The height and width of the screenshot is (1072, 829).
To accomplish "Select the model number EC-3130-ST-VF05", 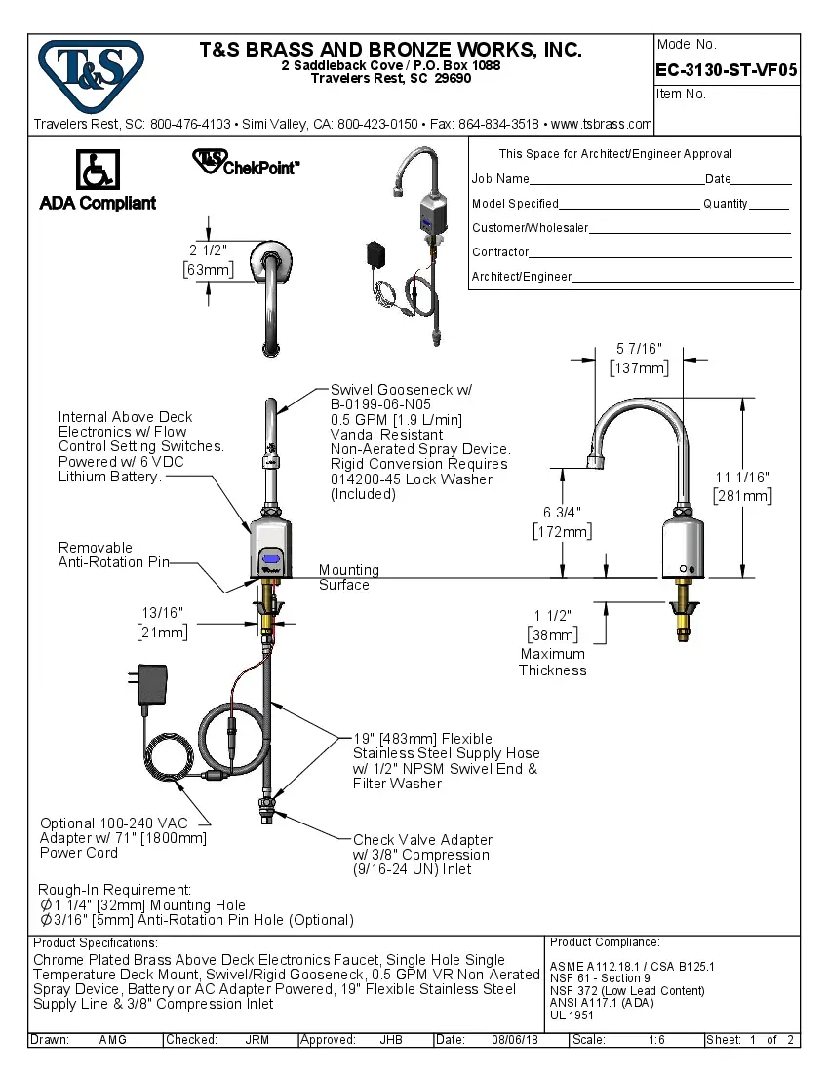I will click(727, 69).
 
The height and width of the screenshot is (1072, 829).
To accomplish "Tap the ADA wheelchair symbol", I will click(98, 171).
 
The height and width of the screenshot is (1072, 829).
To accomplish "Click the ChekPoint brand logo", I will click(246, 163).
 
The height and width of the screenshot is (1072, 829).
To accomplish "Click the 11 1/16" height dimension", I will click(743, 486).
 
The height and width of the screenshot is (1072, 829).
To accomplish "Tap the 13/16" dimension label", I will click(162, 622).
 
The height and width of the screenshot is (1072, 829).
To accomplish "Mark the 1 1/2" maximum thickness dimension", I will click(553, 625).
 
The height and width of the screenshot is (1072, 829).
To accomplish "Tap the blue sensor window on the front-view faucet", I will click(270, 559).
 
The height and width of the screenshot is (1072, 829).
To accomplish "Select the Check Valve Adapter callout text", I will click(422, 854).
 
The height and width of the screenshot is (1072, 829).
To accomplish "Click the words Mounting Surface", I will click(348, 577).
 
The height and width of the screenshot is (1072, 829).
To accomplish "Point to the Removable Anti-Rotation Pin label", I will click(113, 555).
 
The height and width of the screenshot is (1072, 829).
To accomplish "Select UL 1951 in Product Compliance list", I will click(572, 1015).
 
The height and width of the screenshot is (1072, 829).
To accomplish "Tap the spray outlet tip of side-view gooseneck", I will click(591, 461).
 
